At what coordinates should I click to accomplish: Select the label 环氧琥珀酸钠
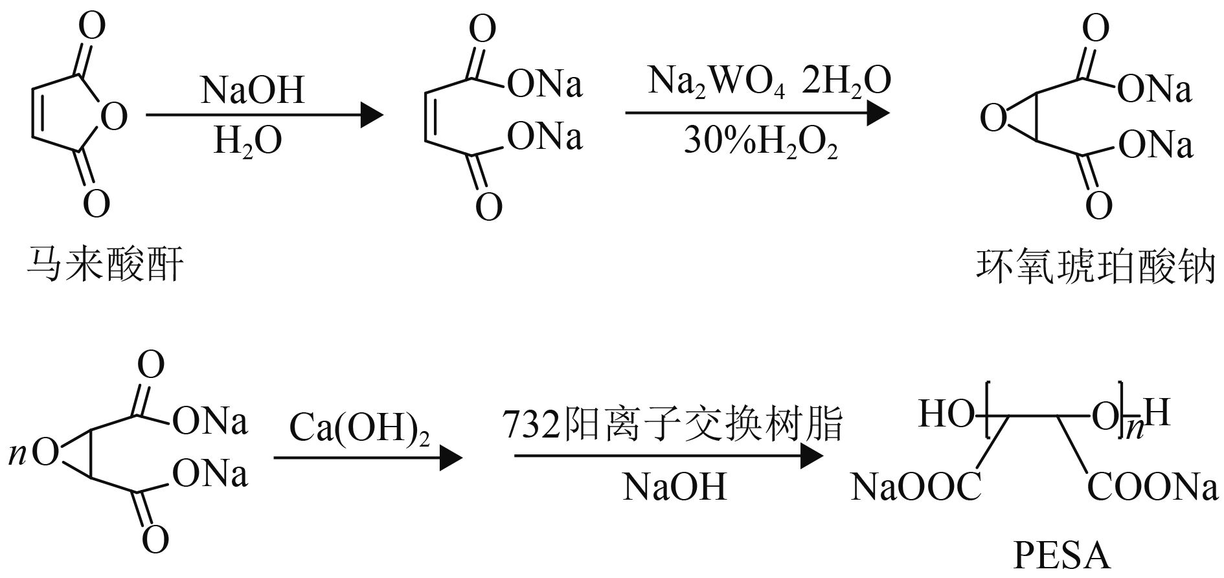[1095, 267]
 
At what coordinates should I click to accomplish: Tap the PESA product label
[1061, 557]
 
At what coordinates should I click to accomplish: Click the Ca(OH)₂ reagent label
[359, 428]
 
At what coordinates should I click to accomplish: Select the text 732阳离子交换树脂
[672, 425]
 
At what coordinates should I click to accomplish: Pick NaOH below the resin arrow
[674, 486]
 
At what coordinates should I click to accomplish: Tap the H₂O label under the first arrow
[247, 141]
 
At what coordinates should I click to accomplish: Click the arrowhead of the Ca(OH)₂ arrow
[451, 458]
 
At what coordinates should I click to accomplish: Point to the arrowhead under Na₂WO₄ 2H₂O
[877, 114]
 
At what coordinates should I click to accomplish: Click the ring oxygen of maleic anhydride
[114, 117]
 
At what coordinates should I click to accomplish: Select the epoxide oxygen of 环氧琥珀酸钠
[993, 119]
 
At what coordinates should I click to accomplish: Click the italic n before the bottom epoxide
[17, 455]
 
